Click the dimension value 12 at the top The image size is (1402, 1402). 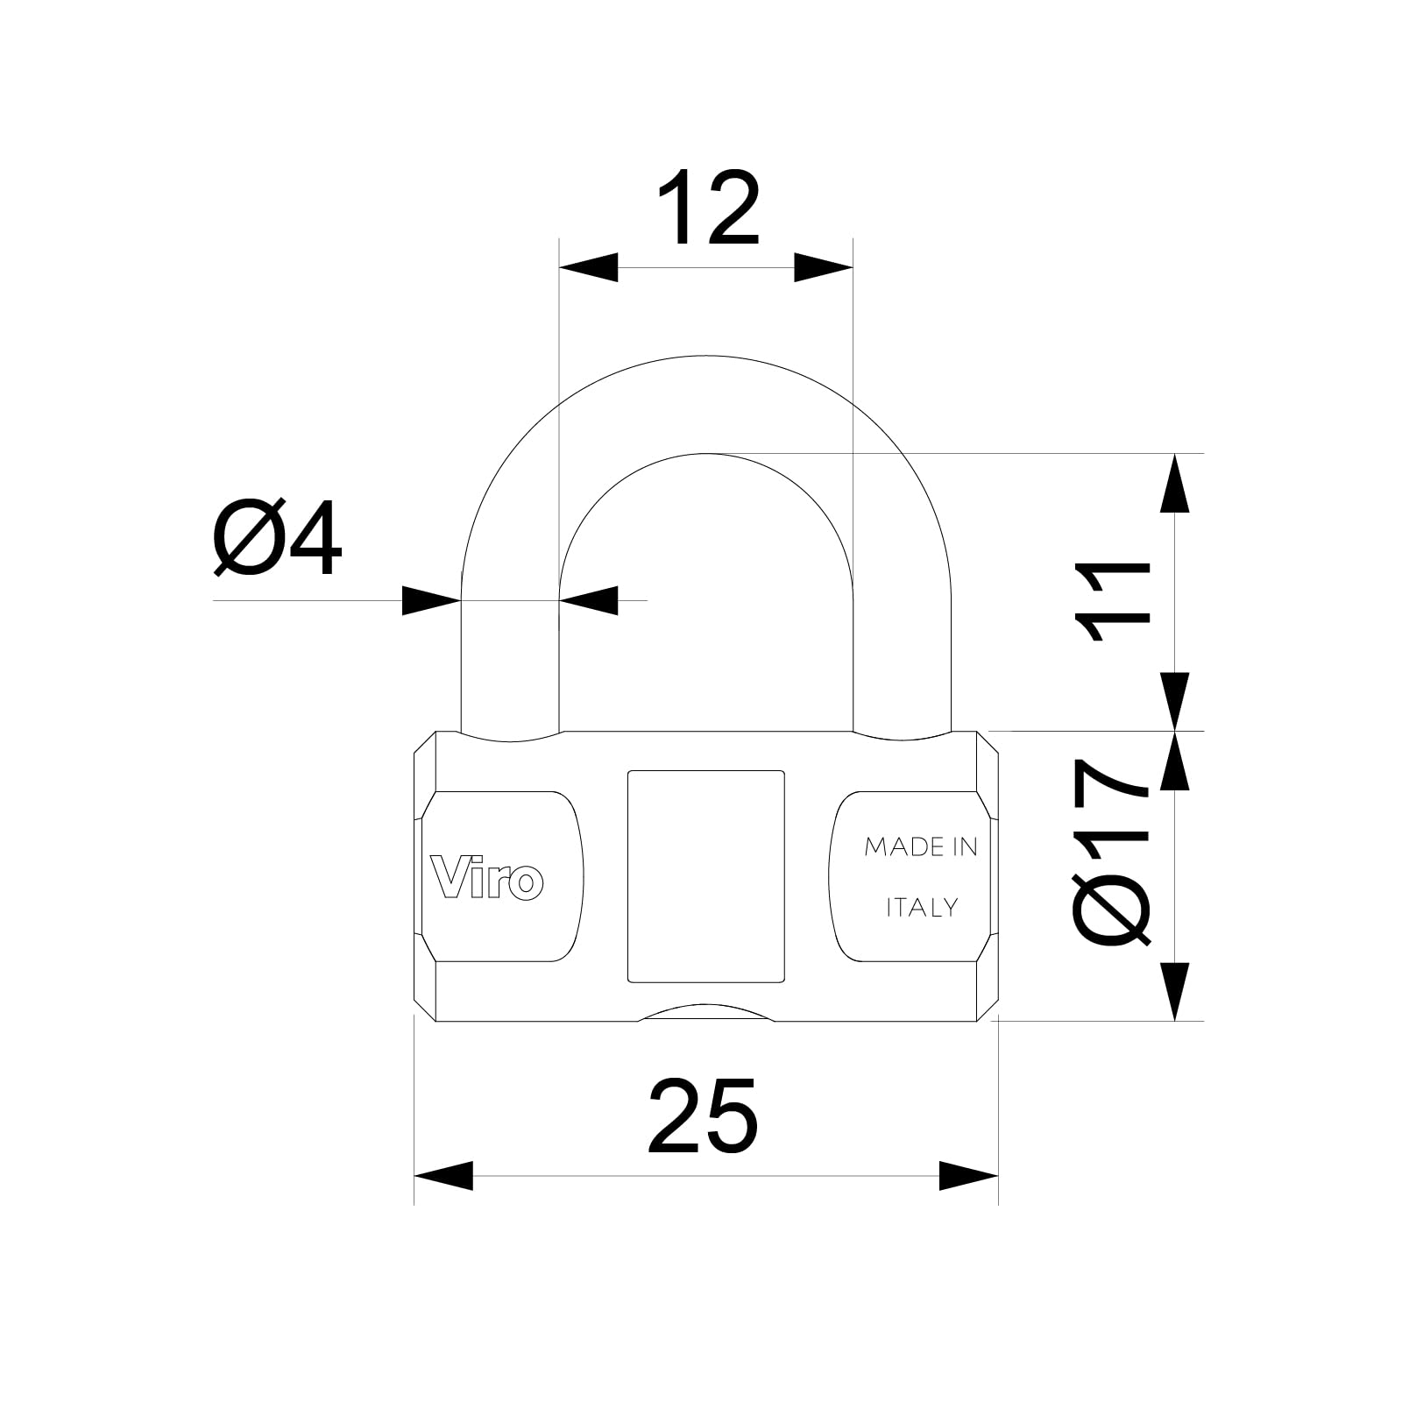pos(706,208)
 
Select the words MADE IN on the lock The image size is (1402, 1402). pos(920,846)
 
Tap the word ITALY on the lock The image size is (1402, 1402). pos(922,908)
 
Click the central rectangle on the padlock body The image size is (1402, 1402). pos(705,876)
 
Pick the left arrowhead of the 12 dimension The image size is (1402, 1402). pos(588,267)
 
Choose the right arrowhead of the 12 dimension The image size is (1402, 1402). pos(823,267)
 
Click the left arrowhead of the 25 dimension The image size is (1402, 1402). pos(443,1176)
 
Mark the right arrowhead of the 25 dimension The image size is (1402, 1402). pos(969,1176)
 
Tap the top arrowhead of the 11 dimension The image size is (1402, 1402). pos(1174,483)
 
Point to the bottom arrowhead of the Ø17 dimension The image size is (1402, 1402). pos(1174,991)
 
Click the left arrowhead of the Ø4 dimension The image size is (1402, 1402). pos(431,600)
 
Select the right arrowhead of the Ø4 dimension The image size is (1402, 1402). pos(588,600)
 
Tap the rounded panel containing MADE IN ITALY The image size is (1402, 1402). pos(906,876)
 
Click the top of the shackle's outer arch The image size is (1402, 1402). pos(705,356)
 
